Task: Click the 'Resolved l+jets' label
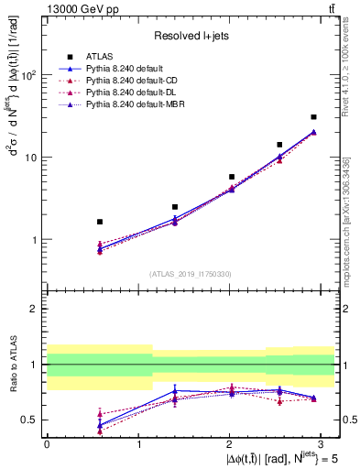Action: click(x=191, y=36)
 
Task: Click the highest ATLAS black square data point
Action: click(x=313, y=117)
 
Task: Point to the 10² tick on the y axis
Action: click(x=27, y=75)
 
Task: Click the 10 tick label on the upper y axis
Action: click(x=30, y=158)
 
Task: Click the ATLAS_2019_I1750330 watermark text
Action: click(x=191, y=273)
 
